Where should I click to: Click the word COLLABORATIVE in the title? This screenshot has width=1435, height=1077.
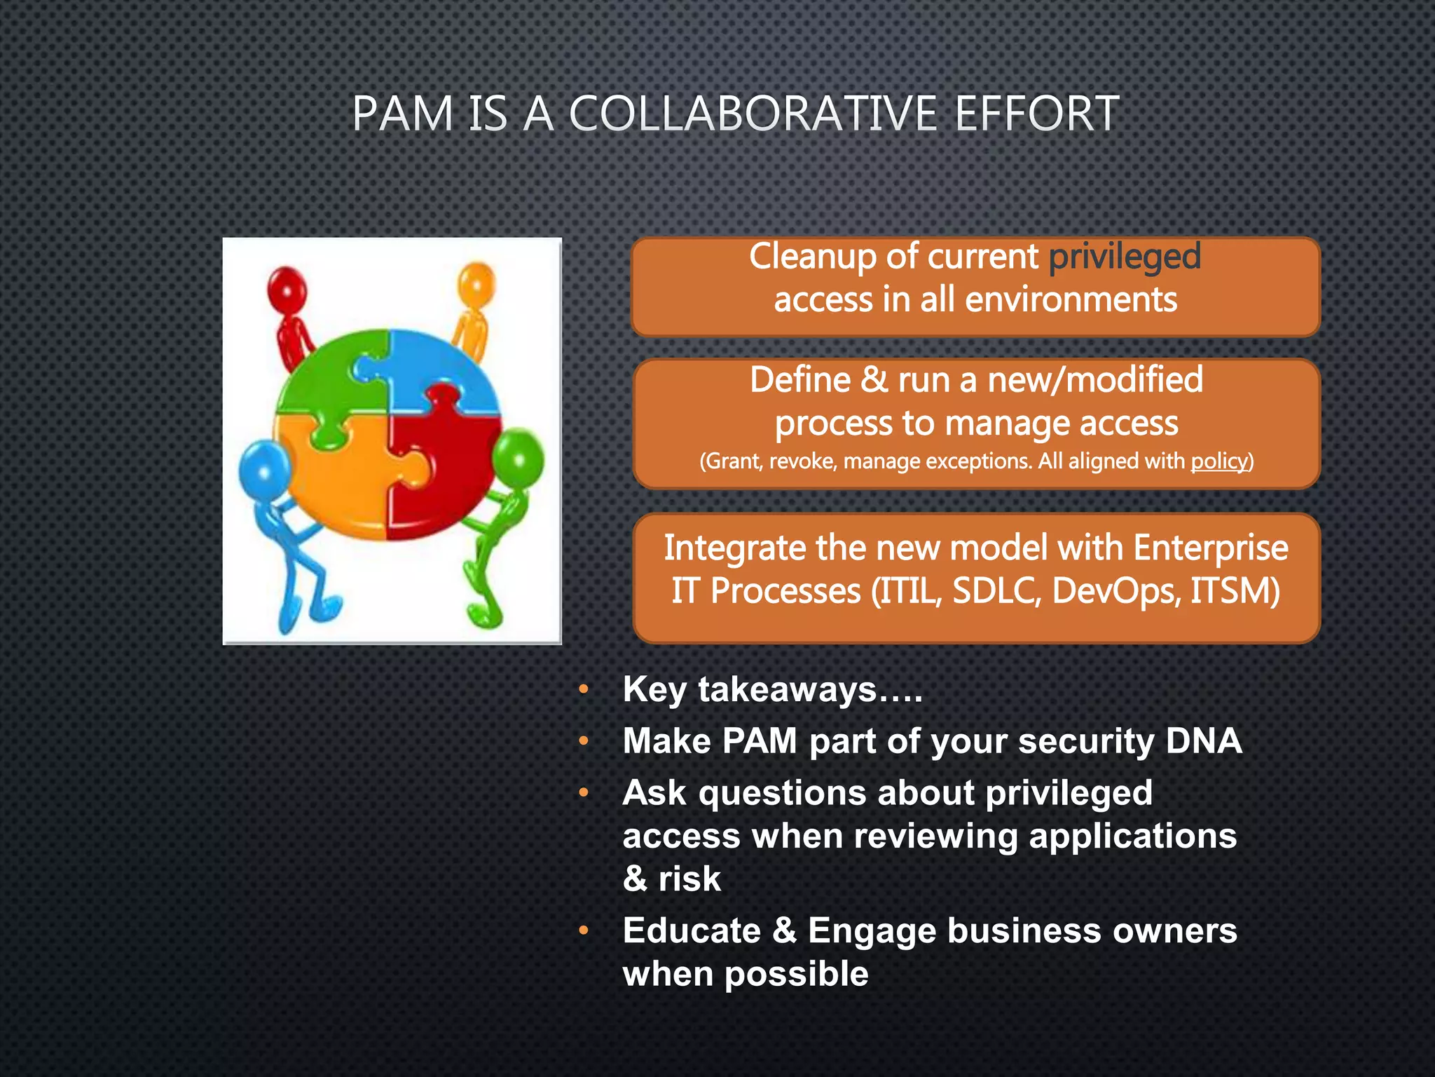pos(753,114)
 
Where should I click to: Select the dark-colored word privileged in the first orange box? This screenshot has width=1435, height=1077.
pos(1125,257)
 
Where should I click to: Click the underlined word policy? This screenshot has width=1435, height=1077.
pos(1220,461)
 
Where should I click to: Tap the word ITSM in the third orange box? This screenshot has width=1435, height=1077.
pos(1235,591)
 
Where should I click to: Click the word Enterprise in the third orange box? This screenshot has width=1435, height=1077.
pos(1210,548)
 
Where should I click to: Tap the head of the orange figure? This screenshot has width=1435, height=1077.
pos(476,285)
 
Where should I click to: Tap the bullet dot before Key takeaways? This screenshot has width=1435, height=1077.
pos(583,690)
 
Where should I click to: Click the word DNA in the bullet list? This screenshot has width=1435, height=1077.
pos(1204,741)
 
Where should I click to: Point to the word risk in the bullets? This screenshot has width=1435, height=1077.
pos(689,879)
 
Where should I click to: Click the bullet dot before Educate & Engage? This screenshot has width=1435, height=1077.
pos(583,931)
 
